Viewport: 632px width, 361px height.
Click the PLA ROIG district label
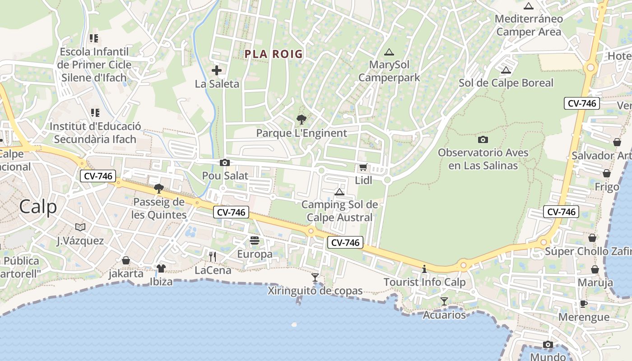274,54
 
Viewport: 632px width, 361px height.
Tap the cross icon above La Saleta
217,70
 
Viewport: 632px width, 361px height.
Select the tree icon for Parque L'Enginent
301,120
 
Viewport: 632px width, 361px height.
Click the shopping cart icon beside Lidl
363,167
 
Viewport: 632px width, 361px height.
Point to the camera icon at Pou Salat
224,163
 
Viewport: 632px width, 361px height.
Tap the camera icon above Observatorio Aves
483,139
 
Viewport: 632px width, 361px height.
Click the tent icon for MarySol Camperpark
389,52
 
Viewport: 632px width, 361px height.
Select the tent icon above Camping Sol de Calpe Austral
339,192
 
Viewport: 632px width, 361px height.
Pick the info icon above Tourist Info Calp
424,269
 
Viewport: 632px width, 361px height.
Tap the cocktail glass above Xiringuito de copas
315,277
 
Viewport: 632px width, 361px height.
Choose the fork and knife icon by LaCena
213,257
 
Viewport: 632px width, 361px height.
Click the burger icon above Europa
255,241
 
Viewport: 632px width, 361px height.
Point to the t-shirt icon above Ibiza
161,268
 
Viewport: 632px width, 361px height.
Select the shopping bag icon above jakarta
126,260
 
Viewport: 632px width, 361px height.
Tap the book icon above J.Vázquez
80,227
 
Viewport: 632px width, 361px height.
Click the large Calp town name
38,207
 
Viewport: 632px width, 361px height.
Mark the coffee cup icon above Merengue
583,304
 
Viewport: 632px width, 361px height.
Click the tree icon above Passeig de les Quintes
158,188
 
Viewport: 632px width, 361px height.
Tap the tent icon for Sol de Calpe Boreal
506,70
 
